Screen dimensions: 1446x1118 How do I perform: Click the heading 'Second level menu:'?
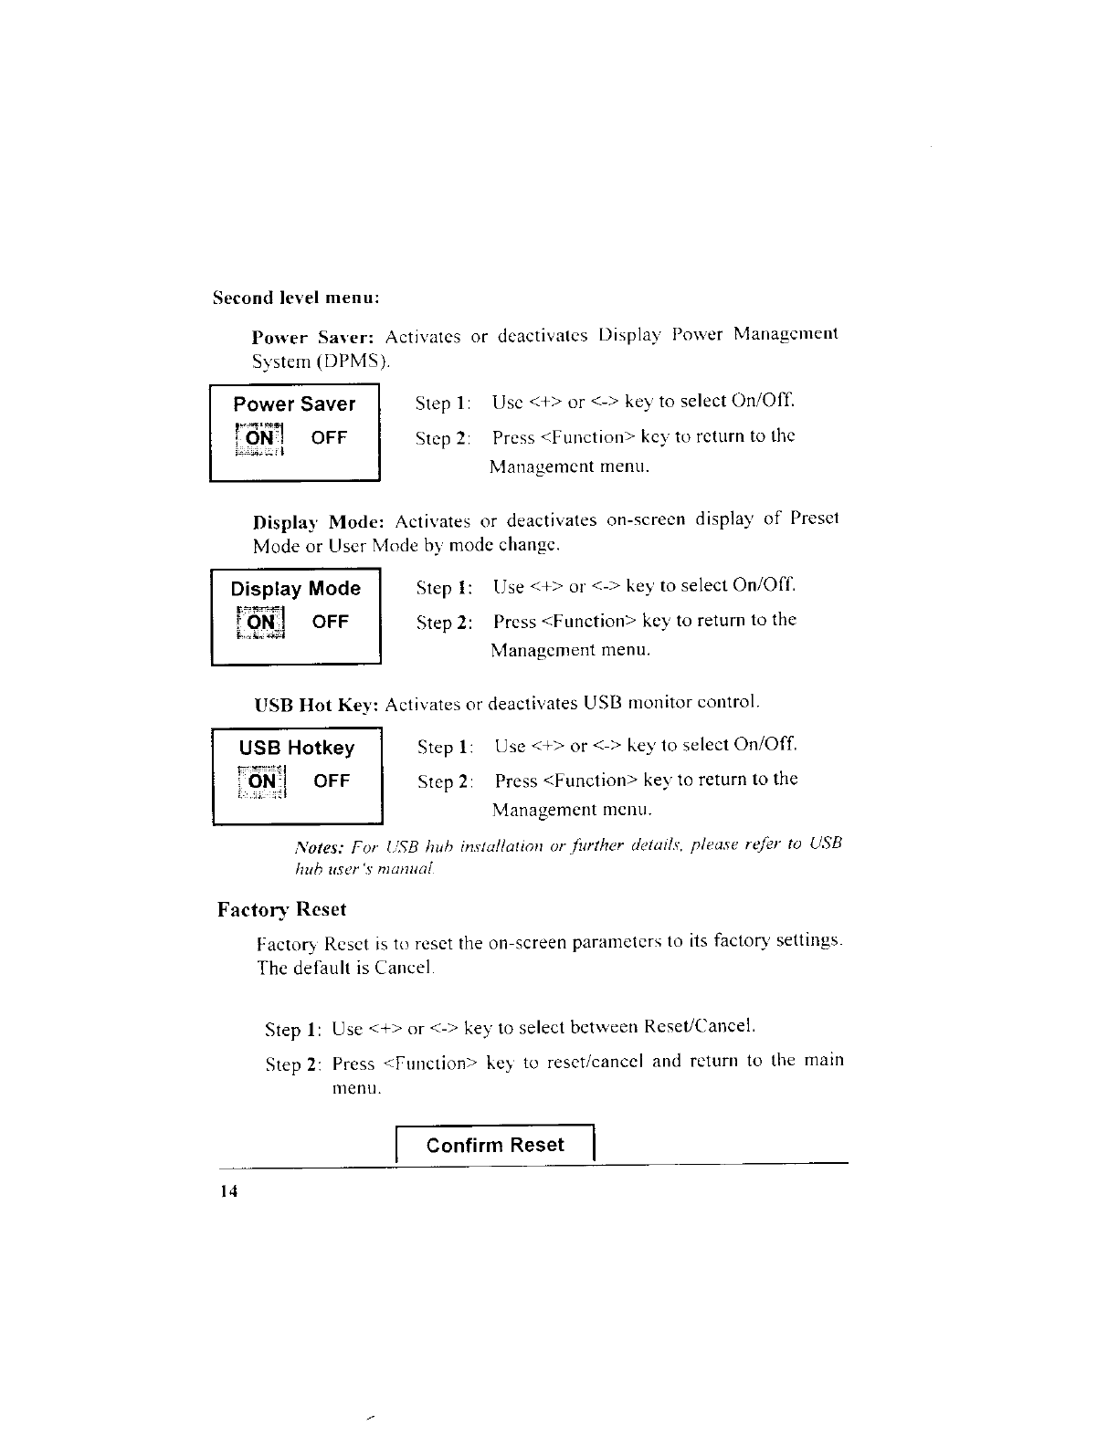[295, 299]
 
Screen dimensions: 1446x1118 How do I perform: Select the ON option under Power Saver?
[260, 438]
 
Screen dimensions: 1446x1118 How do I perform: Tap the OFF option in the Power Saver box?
[329, 438]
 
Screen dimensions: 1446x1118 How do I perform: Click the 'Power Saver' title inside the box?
[294, 404]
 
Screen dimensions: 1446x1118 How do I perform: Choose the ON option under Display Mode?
[261, 623]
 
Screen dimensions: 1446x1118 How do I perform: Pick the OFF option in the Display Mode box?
[330, 623]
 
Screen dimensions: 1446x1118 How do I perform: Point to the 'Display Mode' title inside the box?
[295, 589]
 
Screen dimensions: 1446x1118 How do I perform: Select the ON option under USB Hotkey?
[262, 781]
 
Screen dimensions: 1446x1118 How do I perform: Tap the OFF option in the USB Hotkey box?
[332, 781]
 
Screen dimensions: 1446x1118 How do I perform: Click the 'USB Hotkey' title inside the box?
[296, 749]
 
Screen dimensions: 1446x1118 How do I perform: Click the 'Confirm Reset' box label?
[495, 1146]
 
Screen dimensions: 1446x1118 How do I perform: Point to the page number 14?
[227, 1193]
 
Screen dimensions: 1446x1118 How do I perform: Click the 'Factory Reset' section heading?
[282, 910]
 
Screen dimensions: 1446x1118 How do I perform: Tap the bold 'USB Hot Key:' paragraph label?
[316, 706]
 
